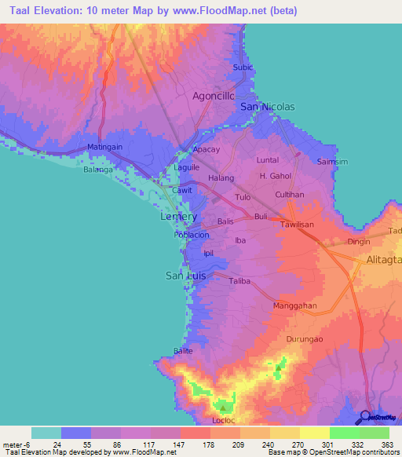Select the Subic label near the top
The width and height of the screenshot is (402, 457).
(243, 68)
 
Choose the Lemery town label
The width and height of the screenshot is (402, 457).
(178, 216)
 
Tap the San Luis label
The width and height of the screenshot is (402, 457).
(186, 275)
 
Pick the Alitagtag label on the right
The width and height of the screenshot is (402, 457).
(383, 260)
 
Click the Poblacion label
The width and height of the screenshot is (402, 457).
(192, 235)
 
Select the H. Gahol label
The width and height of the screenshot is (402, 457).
(275, 177)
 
